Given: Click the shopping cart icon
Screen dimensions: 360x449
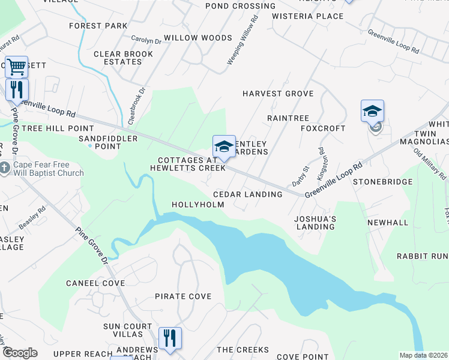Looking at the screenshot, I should [16, 66].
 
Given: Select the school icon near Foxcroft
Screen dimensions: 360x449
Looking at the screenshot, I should [372, 111].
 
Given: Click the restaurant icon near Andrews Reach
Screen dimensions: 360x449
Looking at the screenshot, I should [170, 337].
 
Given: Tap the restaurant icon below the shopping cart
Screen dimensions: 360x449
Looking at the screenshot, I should [16, 90].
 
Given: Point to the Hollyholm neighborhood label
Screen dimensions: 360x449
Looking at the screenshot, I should [198, 205].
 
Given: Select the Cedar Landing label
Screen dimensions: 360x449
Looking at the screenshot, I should [248, 194].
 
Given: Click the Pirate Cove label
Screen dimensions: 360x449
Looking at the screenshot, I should [183, 296].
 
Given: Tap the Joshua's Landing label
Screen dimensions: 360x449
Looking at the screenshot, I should [315, 223].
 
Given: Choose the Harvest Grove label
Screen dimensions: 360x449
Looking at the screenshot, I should [278, 94].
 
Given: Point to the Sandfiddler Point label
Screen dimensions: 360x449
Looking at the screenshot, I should [108, 142].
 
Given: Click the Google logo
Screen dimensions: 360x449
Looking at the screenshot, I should [20, 353].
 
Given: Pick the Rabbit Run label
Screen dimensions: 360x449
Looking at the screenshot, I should [423, 256].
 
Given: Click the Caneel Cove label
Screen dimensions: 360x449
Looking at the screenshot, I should [95, 283].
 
